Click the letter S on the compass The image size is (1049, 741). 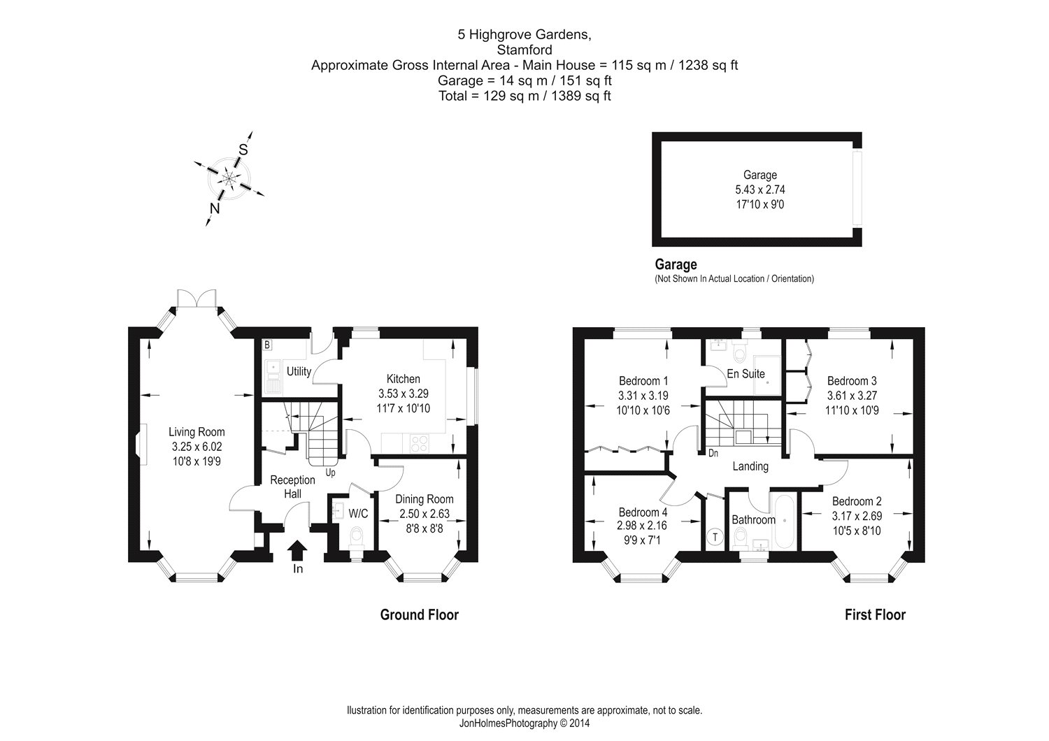(x=243, y=149)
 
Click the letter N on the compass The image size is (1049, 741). (x=215, y=208)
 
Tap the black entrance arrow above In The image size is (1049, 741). (x=297, y=550)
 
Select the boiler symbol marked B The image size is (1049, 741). (x=266, y=345)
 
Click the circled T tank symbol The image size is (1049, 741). (x=715, y=537)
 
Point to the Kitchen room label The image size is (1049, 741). (x=404, y=378)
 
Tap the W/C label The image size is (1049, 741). (x=358, y=513)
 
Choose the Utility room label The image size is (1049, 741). (x=299, y=371)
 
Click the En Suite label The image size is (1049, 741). (x=746, y=373)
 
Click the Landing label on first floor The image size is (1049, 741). (x=750, y=466)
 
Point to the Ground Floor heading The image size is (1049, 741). (x=419, y=614)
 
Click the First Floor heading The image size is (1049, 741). (x=875, y=614)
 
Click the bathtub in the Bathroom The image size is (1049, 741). (x=784, y=520)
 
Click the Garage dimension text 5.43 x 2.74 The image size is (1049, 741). (x=760, y=189)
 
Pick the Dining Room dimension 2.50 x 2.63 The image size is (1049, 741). (x=425, y=513)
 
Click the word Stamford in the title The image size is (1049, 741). (x=524, y=50)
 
